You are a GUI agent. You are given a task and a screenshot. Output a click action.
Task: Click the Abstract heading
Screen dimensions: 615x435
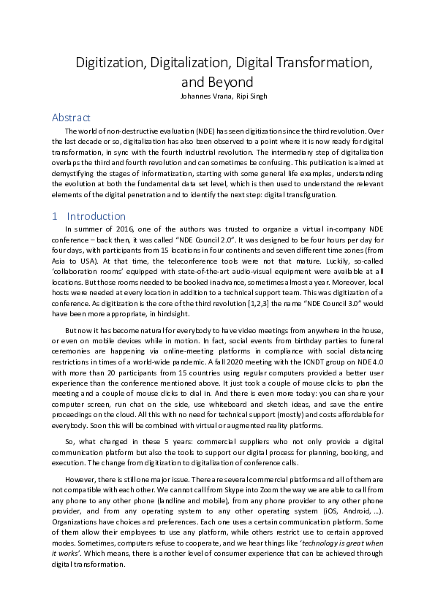tap(71, 117)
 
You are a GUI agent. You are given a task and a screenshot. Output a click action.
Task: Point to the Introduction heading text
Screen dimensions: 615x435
tap(96, 216)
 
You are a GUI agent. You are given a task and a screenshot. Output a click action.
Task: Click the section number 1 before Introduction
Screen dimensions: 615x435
tap(55, 216)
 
